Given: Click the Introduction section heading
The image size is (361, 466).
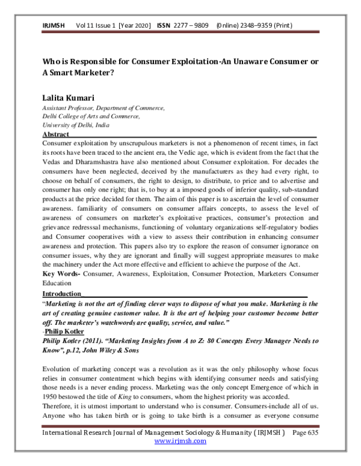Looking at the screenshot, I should (61, 294).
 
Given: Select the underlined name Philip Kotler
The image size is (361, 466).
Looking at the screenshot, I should (67, 331).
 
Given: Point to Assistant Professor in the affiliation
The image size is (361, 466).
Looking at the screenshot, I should (71, 107).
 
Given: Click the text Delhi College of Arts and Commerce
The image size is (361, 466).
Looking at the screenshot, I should (99, 116).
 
